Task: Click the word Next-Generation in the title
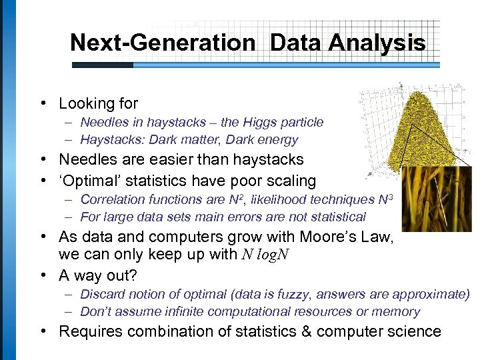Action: pyautogui.click(x=163, y=43)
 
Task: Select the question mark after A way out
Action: pyautogui.click(x=157, y=275)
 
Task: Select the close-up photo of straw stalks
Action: pyautogui.click(x=436, y=199)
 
